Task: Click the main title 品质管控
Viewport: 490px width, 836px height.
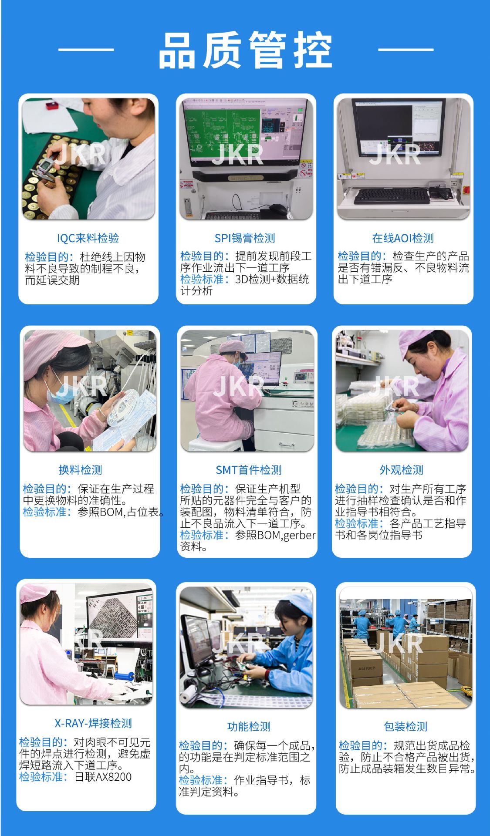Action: [245, 50]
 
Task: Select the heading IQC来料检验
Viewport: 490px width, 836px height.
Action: [88, 238]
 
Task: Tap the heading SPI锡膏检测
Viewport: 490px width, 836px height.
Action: [245, 238]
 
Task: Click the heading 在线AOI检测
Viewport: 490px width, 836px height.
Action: [403, 238]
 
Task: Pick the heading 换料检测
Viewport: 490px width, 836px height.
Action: [80, 470]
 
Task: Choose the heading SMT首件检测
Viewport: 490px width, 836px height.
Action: [249, 470]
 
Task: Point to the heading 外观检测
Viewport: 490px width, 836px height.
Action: [402, 470]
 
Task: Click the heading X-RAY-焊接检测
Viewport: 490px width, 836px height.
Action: [93, 723]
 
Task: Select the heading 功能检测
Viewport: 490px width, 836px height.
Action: [249, 726]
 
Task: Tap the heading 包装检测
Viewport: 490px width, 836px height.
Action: [406, 726]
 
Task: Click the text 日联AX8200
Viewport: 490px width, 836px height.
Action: [103, 777]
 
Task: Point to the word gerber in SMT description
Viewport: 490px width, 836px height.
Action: [299, 535]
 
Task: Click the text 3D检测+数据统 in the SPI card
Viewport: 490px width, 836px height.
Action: [272, 279]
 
